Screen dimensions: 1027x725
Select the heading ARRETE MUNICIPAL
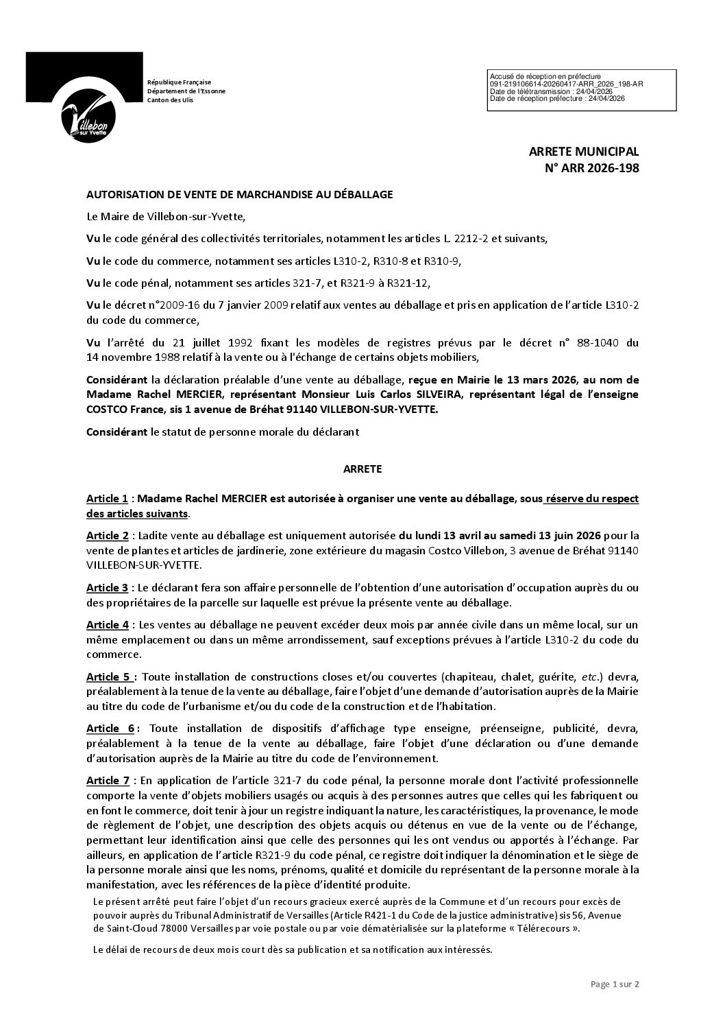[x=584, y=152]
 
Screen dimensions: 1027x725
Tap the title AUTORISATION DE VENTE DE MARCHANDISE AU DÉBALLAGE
[x=240, y=194]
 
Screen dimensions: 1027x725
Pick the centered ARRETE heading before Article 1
[x=362, y=469]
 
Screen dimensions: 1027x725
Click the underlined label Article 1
[x=107, y=499]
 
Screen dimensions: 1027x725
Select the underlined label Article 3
[x=107, y=588]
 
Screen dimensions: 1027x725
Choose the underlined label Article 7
[x=107, y=780]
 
